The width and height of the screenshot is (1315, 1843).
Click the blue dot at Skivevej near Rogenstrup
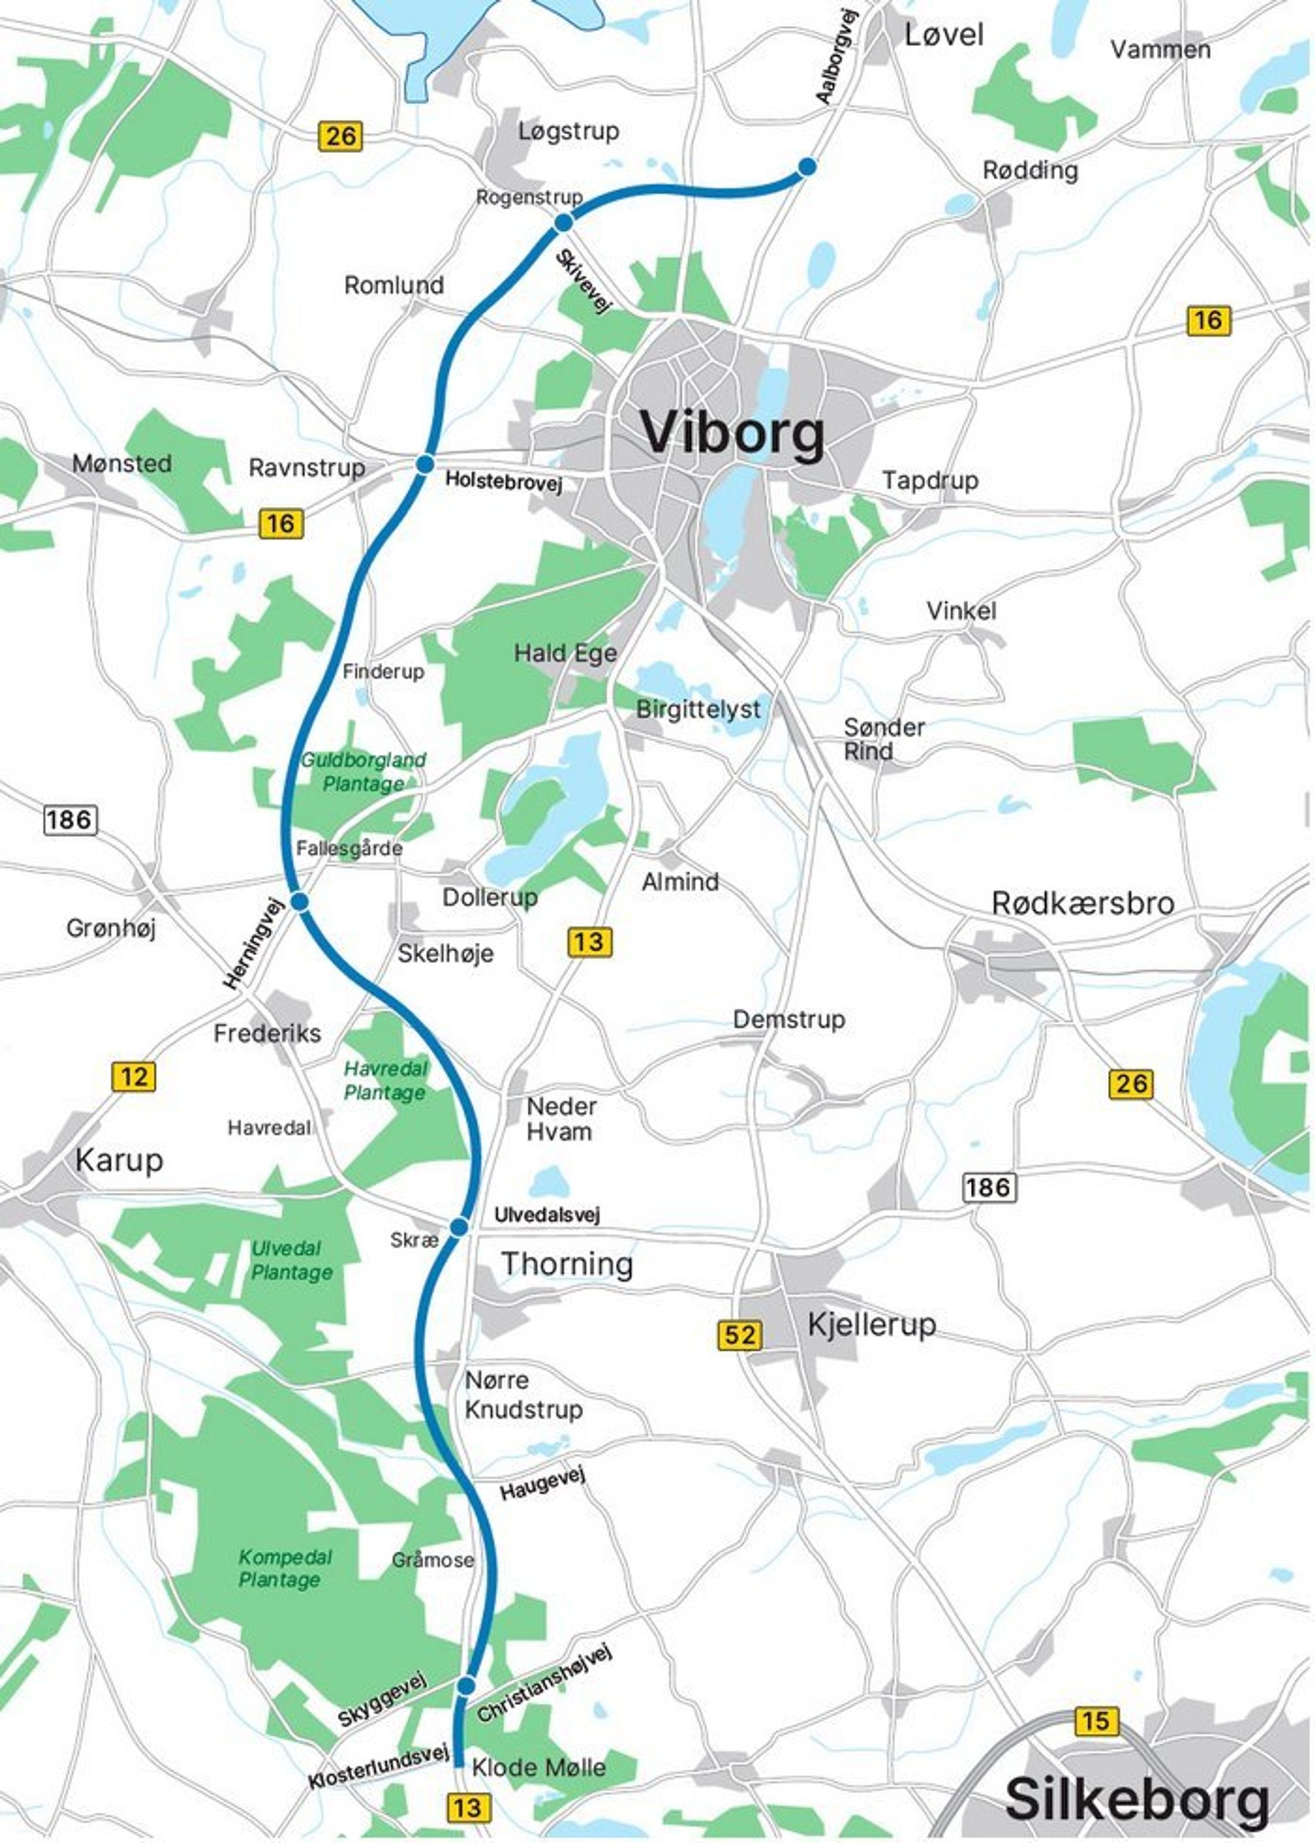[x=563, y=222]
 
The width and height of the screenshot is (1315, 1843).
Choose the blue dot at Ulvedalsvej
[x=458, y=1227]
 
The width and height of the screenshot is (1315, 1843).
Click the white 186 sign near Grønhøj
[x=70, y=820]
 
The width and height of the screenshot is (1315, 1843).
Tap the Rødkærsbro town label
[x=1083, y=903]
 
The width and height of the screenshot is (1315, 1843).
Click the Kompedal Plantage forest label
[x=285, y=1568]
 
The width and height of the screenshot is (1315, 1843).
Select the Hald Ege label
[x=565, y=653]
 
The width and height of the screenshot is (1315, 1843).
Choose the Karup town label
[x=119, y=1160]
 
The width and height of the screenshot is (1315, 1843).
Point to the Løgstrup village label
[x=568, y=131]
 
